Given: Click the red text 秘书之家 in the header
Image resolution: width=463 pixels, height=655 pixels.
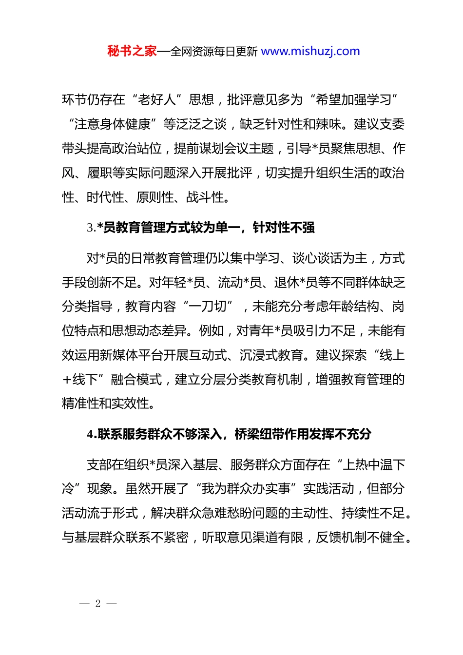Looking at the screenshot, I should coord(132,51).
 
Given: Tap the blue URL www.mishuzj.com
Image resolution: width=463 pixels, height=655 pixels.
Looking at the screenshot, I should coord(310,51).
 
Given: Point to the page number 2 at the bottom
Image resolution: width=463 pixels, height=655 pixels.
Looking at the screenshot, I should coord(98,604).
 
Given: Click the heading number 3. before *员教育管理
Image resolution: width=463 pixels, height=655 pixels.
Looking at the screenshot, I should coord(91,228).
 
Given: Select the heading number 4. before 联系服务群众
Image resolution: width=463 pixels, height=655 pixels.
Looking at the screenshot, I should coord(92,434).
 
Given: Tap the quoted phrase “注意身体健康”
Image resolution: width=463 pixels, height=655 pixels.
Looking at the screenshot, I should coord(113,124).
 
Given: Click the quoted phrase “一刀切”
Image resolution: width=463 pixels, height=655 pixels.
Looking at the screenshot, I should coord(208,307).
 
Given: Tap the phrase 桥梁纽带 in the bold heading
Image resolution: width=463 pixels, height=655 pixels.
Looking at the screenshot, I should coord(259,434).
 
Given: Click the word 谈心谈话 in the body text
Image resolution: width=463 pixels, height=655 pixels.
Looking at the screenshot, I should coord(317,258).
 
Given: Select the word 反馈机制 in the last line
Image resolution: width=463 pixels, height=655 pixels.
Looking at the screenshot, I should coord(341,538).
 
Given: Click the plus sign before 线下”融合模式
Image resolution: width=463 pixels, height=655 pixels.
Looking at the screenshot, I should coord(67,380).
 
